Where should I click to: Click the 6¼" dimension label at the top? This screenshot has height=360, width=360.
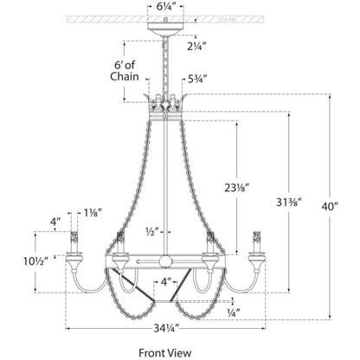[x=166, y=8]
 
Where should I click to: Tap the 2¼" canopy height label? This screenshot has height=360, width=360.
[x=196, y=46]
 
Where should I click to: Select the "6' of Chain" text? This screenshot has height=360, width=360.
[x=125, y=71]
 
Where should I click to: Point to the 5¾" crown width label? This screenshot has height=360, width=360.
[x=197, y=79]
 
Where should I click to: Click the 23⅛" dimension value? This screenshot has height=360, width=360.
[x=237, y=188]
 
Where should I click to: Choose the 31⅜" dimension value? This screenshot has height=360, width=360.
[x=289, y=202]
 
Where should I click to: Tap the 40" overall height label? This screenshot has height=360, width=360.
[x=330, y=207]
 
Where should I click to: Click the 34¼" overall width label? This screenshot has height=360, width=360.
[x=167, y=328]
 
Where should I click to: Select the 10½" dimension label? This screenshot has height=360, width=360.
[x=35, y=261]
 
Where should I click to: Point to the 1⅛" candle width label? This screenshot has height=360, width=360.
[x=93, y=213]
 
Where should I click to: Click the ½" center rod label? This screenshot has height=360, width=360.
[x=152, y=232]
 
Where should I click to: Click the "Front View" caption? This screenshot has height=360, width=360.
[x=165, y=353]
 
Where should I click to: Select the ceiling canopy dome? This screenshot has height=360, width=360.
[x=166, y=29]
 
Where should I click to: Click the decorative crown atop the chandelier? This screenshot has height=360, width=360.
[x=166, y=106]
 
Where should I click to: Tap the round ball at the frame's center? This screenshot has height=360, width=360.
[x=165, y=261]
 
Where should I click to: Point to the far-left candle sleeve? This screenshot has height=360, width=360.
[x=74, y=241]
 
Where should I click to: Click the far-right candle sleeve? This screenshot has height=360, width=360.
[x=256, y=241]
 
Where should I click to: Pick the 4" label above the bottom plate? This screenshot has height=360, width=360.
[x=166, y=282]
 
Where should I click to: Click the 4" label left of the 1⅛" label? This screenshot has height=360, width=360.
[x=55, y=222]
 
